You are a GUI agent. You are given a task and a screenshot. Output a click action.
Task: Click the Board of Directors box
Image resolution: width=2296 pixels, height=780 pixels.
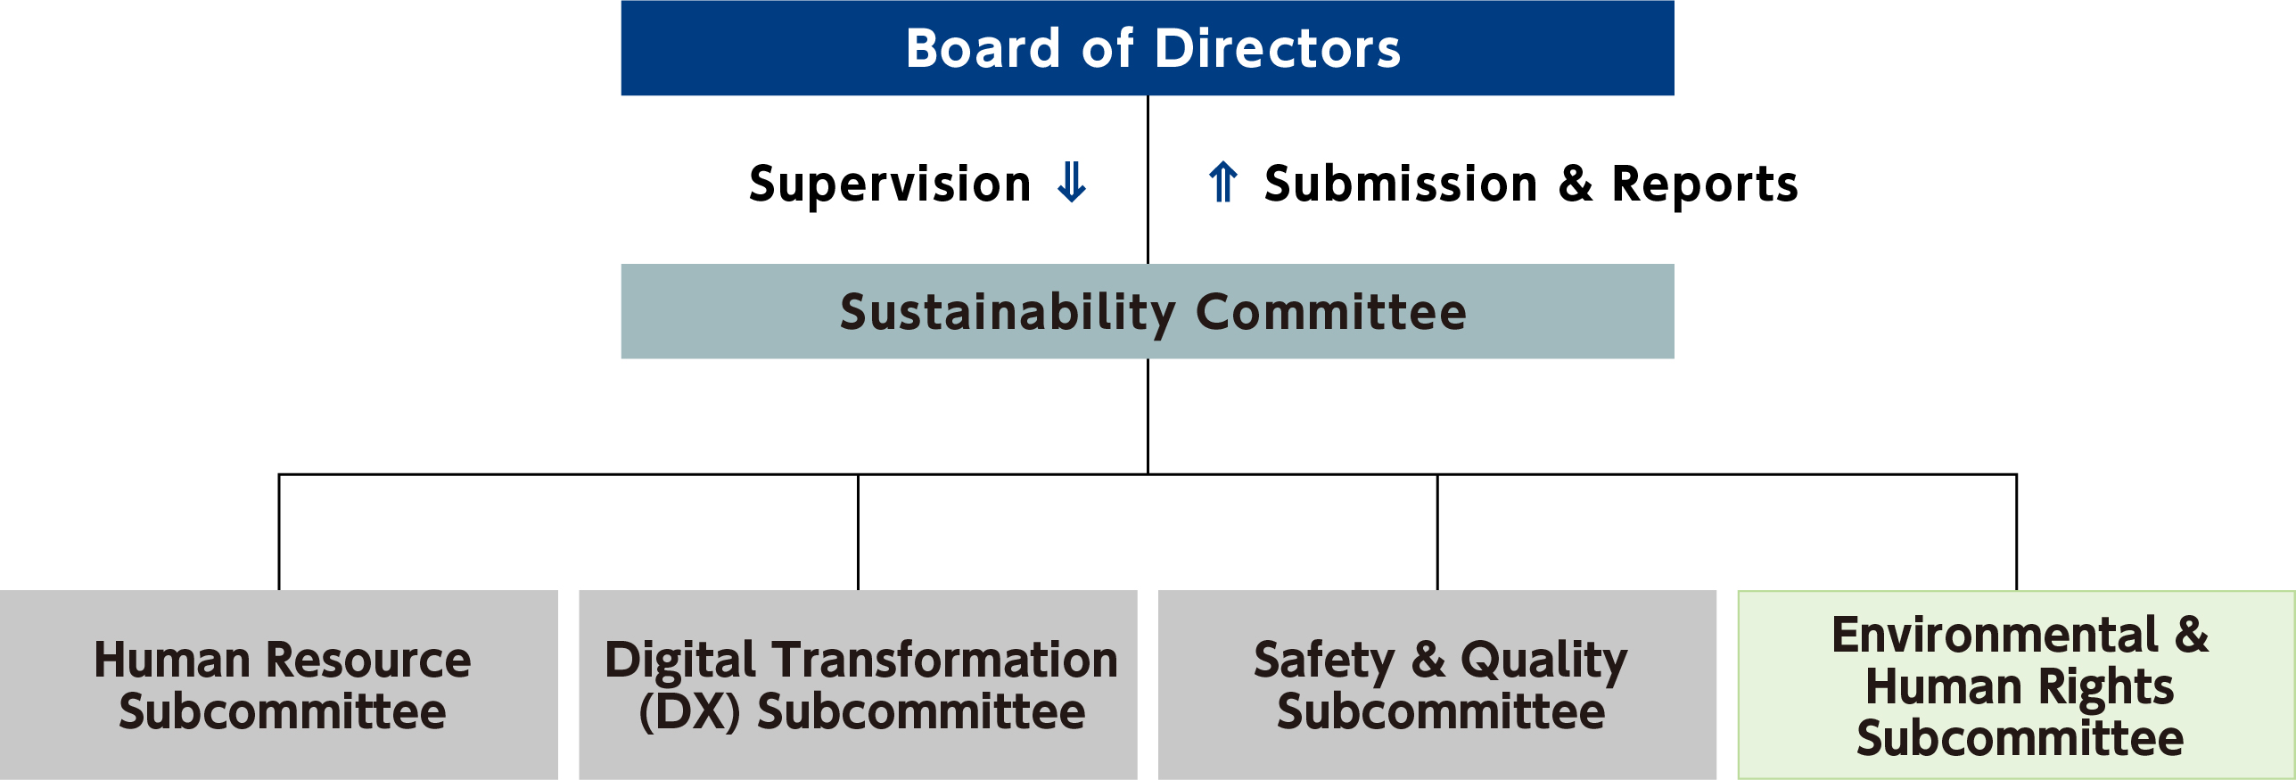pyautogui.click(x=1148, y=48)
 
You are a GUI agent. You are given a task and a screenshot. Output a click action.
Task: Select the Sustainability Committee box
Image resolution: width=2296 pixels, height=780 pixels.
pyautogui.click(x=1148, y=311)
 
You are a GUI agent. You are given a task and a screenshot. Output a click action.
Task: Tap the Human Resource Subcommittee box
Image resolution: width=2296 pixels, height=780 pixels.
pyautogui.click(x=279, y=685)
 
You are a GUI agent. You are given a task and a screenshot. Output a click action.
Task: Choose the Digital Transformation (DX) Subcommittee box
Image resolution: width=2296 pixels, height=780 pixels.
pyautogui.click(x=858, y=685)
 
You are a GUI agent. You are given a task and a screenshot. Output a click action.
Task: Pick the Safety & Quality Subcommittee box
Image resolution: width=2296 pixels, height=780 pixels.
pyautogui.click(x=1437, y=685)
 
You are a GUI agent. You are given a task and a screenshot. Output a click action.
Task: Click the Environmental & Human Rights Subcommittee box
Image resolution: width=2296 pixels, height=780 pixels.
pyautogui.click(x=2017, y=685)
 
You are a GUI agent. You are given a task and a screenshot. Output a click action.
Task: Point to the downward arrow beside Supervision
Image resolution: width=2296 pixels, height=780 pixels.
pyautogui.click(x=1071, y=182)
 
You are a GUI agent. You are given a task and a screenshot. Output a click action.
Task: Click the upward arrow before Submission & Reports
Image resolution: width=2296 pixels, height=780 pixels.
pyautogui.click(x=1223, y=182)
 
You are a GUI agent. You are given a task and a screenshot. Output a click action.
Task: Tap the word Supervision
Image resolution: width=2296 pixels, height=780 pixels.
pyautogui.click(x=890, y=185)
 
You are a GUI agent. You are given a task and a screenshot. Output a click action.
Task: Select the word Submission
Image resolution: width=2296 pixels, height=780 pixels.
pyautogui.click(x=1401, y=184)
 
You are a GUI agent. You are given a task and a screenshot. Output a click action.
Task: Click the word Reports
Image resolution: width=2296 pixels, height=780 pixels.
pyautogui.click(x=1705, y=185)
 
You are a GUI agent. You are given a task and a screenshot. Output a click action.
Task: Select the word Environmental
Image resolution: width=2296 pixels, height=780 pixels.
pyautogui.click(x=1995, y=635)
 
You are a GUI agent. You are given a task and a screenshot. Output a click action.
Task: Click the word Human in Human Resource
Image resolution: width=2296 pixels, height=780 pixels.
pyautogui.click(x=172, y=661)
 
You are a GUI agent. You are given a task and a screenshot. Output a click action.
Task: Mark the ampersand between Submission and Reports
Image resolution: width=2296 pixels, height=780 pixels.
pyautogui.click(x=1576, y=184)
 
